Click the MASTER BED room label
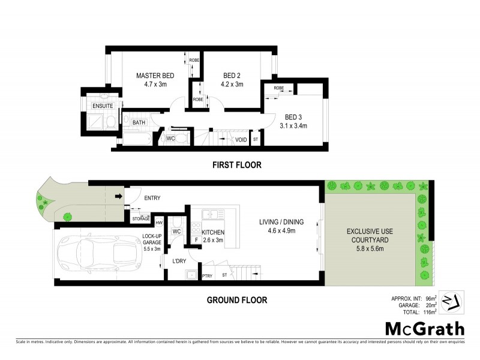(x=155, y=75)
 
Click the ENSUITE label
(x=102, y=106)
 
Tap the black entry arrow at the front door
(x=118, y=196)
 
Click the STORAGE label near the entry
(x=140, y=219)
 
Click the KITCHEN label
(x=212, y=232)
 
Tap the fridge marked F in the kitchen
(x=196, y=241)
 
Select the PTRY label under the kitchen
(x=207, y=276)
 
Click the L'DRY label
(x=179, y=261)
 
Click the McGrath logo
(x=424, y=328)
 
